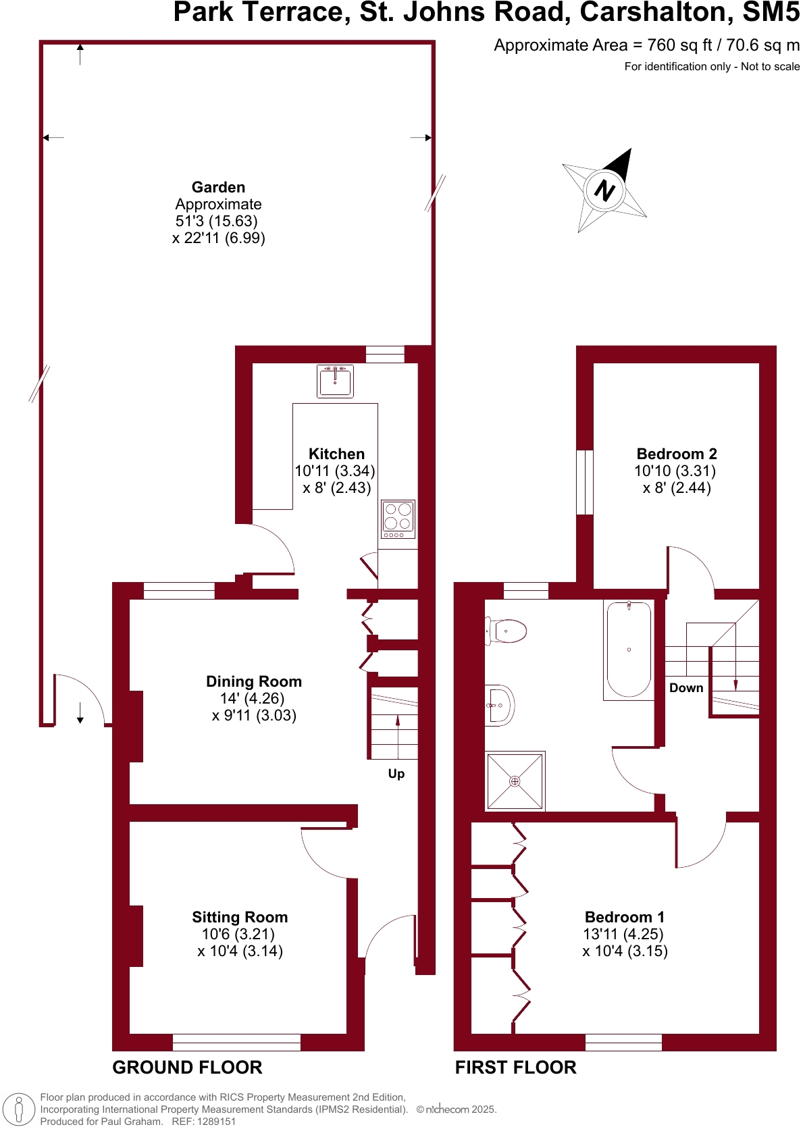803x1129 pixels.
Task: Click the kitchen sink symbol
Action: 335,382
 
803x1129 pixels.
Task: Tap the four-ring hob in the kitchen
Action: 398,517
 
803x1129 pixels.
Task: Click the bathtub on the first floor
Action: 629,649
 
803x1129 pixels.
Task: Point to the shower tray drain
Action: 515,781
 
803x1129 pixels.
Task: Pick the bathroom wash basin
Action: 500,706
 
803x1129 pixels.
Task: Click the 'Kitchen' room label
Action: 336,454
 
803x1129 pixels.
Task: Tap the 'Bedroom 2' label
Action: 676,454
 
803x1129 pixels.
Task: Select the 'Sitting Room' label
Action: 240,917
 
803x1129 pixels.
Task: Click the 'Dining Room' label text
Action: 254,681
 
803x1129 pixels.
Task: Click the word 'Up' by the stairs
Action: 396,774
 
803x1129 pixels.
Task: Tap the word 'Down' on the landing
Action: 686,688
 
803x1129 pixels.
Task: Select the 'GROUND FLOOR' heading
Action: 187,1068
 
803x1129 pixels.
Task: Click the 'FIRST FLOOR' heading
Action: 515,1068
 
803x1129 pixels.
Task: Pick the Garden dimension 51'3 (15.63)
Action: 216,221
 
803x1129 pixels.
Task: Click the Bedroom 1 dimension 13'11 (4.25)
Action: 623,934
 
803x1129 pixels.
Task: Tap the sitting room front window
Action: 236,1042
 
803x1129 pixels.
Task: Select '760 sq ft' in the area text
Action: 679,45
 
